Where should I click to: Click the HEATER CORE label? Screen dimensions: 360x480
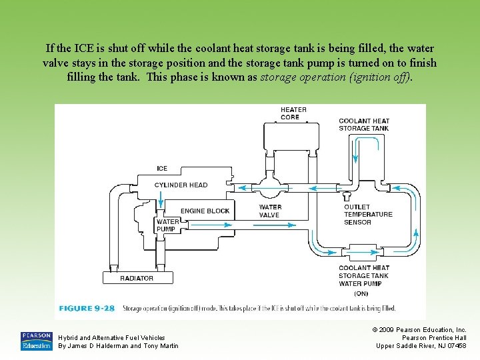pyautogui.click(x=293, y=113)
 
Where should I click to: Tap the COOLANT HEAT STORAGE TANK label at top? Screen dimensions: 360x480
pyautogui.click(x=363, y=125)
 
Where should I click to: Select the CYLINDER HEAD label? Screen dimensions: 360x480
pyautogui.click(x=181, y=185)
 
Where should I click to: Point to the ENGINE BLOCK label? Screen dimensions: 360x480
pyautogui.click(x=205, y=211)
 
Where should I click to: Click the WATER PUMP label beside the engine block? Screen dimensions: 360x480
pyautogui.click(x=167, y=225)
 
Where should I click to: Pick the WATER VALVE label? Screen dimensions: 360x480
pyautogui.click(x=270, y=211)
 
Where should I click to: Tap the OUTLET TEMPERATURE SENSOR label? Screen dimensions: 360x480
pyautogui.click(x=368, y=215)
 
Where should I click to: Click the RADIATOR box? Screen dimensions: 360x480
pyautogui.click(x=137, y=278)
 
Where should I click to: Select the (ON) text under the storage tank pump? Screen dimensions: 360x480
pyautogui.click(x=361, y=293)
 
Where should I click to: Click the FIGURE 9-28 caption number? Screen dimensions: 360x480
pyautogui.click(x=87, y=309)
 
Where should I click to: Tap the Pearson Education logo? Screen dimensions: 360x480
pyautogui.click(x=36, y=341)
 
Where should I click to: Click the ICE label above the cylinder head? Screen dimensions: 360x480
pyautogui.click(x=162, y=169)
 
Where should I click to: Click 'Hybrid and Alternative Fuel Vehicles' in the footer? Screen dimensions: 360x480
pyautogui.click(x=112, y=338)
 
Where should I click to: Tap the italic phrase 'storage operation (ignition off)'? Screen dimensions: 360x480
pyautogui.click(x=336, y=77)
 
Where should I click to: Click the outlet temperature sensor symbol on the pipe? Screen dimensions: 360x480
pyautogui.click(x=347, y=196)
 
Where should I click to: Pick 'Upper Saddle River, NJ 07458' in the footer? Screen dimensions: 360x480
pyautogui.click(x=421, y=345)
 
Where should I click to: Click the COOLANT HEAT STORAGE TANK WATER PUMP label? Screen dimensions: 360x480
pyautogui.click(x=363, y=275)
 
